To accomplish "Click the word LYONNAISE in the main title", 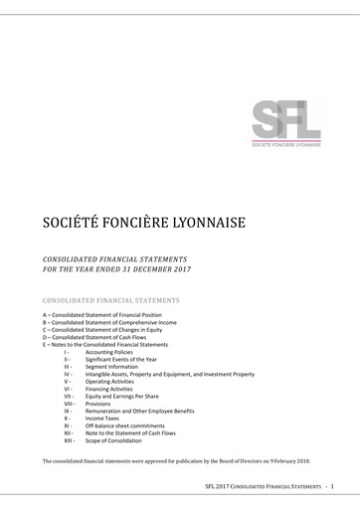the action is (x=197, y=218).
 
